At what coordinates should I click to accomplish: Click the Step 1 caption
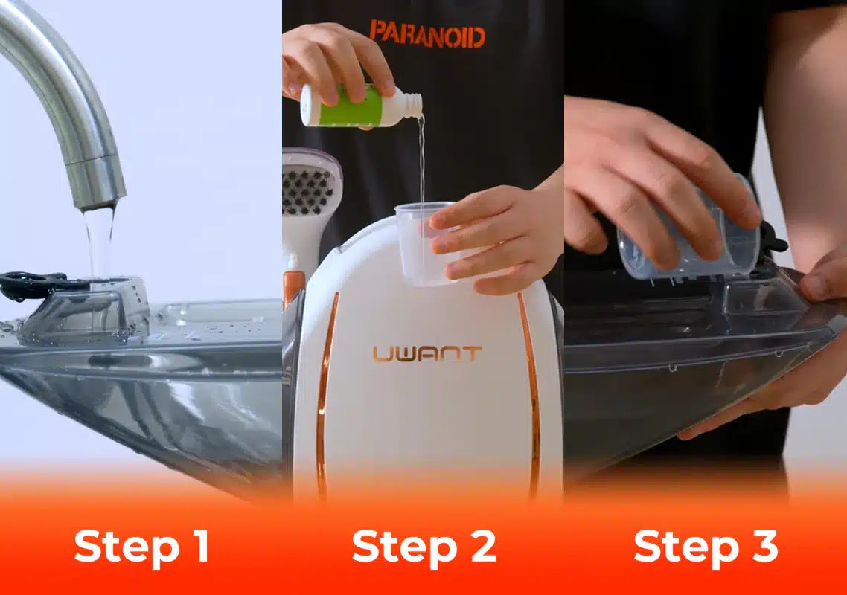tap(141, 547)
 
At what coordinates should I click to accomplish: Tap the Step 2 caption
tap(424, 547)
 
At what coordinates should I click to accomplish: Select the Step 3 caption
tap(706, 547)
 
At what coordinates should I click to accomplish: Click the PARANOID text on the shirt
tap(427, 33)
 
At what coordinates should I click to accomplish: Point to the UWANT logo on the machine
tap(426, 353)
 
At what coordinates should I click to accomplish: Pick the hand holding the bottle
tap(338, 62)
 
